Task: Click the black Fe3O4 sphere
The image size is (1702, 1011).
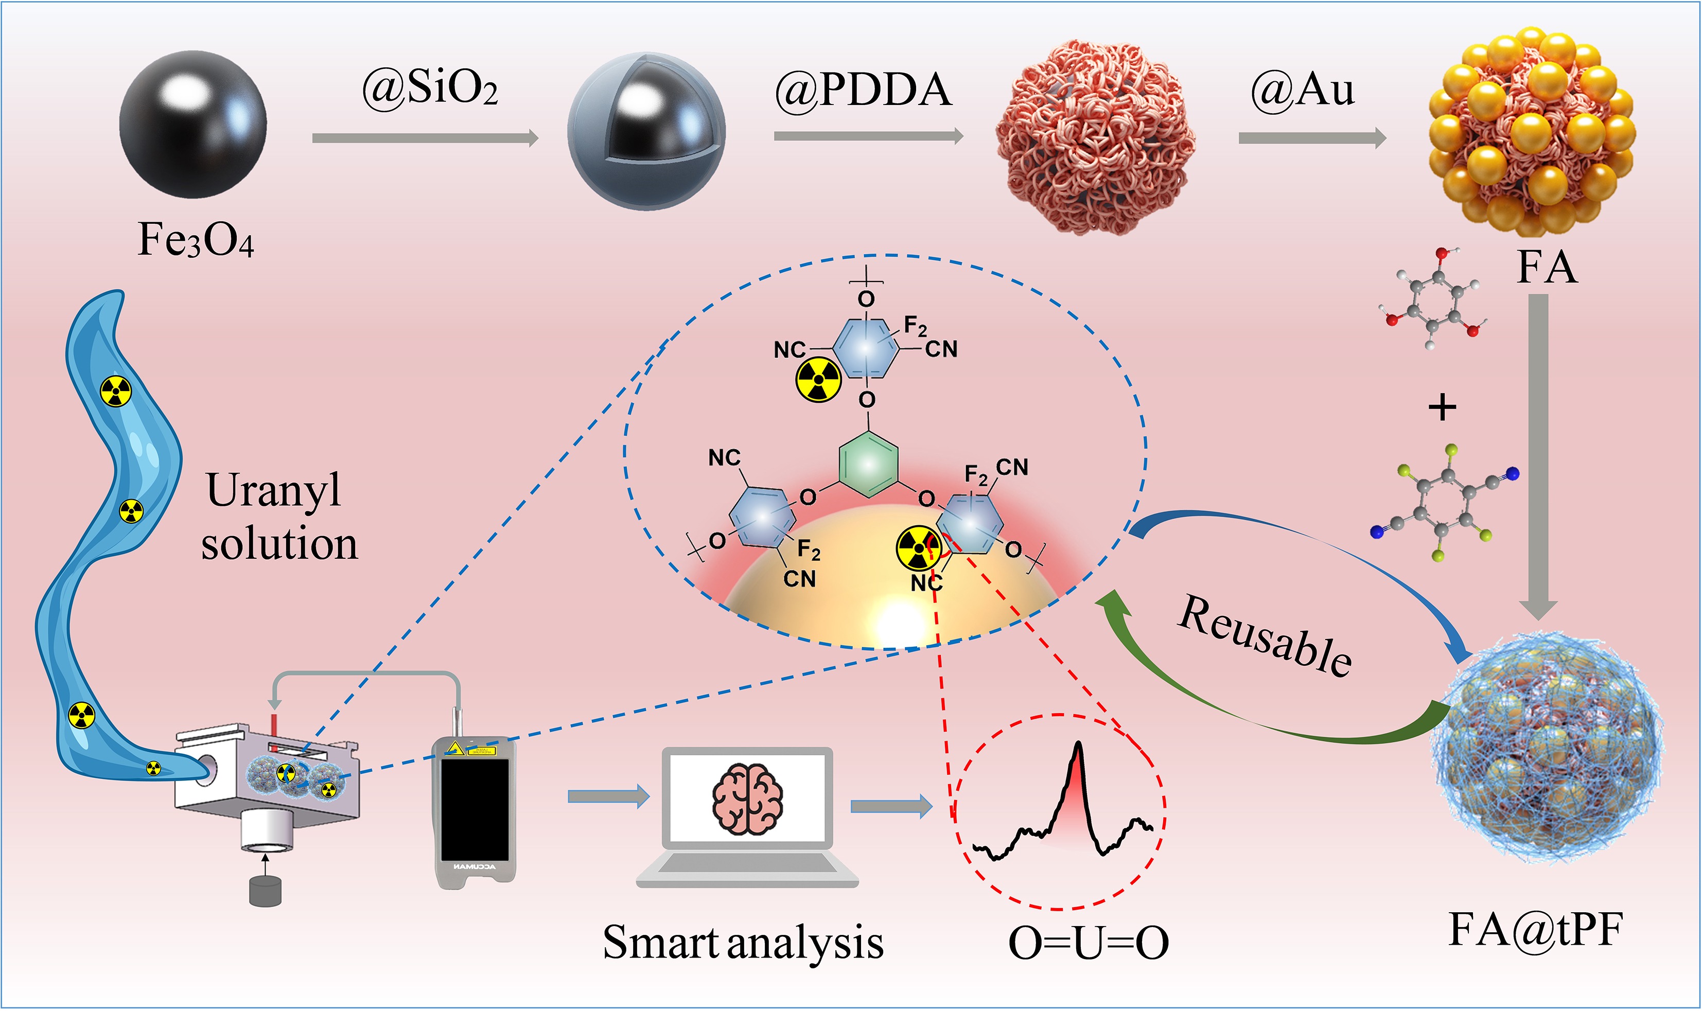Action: click(x=193, y=125)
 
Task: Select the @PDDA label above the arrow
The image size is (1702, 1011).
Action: click(x=863, y=90)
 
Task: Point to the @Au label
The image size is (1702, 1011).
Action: click(x=1303, y=90)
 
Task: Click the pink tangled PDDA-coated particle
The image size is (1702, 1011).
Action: click(x=1096, y=136)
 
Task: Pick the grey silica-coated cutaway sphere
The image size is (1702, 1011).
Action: click(x=646, y=130)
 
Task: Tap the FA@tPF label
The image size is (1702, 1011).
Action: click(x=1536, y=929)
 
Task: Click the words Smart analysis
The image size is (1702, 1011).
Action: click(x=743, y=943)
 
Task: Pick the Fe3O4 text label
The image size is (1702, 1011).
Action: click(x=196, y=240)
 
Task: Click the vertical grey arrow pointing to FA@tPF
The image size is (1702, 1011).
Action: click(x=1538, y=456)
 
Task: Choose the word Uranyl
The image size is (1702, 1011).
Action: click(x=274, y=490)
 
